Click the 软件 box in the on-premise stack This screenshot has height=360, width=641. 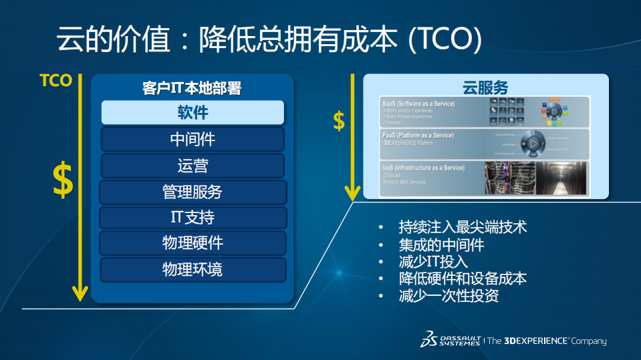click(x=193, y=112)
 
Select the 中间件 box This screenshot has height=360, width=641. click(x=193, y=139)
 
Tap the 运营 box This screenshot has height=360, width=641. click(x=193, y=166)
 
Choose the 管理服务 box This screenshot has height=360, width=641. click(x=193, y=192)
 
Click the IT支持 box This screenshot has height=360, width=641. click(x=193, y=218)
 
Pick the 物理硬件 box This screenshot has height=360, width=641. click(x=193, y=243)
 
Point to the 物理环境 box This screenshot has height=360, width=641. click(x=193, y=270)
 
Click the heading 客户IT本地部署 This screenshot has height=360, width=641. click(x=192, y=88)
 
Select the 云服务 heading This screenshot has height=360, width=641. click(x=485, y=87)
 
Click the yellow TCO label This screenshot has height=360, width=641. click(x=55, y=81)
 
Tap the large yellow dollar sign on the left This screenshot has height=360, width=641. click(x=63, y=180)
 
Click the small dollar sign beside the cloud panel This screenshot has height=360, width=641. click(x=339, y=121)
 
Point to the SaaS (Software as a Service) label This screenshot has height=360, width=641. click(x=418, y=104)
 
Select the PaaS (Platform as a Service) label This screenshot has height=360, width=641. click(x=417, y=136)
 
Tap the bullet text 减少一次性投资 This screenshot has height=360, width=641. click(x=448, y=296)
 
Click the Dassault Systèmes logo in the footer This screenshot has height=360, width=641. click(x=450, y=340)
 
